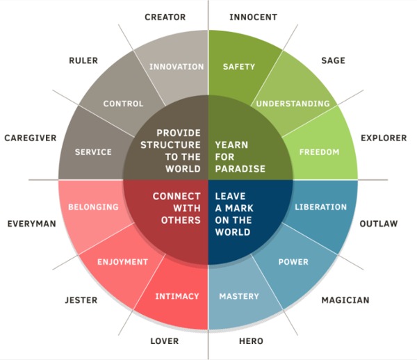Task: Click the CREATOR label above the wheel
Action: [x=165, y=17]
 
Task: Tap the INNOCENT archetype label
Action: [x=253, y=17]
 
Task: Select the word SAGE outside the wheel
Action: [x=333, y=60]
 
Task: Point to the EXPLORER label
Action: [x=384, y=138]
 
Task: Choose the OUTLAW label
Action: [x=379, y=224]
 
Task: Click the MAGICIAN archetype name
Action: [x=345, y=300]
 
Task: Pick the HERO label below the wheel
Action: [x=251, y=341]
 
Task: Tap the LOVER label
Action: [x=165, y=341]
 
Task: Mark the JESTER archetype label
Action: [x=81, y=300]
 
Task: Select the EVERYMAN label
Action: [x=32, y=224]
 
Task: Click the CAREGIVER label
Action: [x=31, y=138]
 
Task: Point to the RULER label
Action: [x=83, y=60]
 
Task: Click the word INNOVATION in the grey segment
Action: [x=177, y=67]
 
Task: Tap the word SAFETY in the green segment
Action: [x=239, y=67]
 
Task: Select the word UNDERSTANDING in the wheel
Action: [x=293, y=104]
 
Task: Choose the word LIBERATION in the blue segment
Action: [x=320, y=207]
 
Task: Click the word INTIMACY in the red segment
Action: [x=177, y=297]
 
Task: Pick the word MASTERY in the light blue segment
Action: [x=239, y=297]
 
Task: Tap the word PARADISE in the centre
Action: [x=240, y=169]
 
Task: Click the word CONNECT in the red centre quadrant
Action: [x=177, y=197]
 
